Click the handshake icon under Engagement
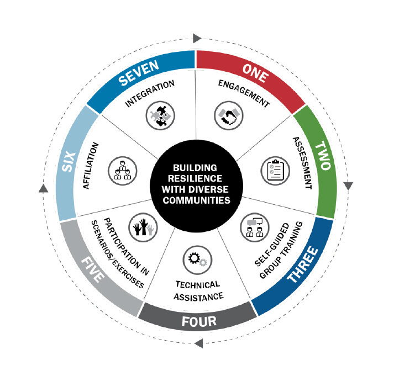coord(228,115)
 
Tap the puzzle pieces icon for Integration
coord(160,115)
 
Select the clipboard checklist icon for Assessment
coord(275,171)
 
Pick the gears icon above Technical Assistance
coord(197,260)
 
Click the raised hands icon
coord(143,227)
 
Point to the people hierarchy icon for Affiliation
coord(122,171)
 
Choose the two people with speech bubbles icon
coord(255,227)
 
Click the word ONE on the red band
coord(255,73)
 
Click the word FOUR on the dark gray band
coord(199,321)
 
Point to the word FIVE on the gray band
coord(93,270)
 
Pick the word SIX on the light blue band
coord(69,162)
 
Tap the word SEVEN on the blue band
coord(139,73)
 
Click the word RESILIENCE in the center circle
coord(195,178)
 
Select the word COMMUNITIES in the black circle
coord(196,200)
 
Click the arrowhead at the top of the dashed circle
coord(197,39)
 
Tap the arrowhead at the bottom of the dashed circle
coord(199,343)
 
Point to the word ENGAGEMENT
coord(244,93)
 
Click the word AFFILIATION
coord(91,166)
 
